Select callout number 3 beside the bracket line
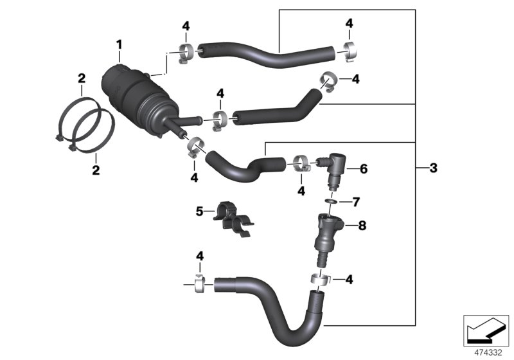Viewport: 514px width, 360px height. click(433, 168)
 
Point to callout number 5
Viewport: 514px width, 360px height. click(199, 210)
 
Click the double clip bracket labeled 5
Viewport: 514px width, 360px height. click(233, 219)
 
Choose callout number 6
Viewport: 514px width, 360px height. click(363, 169)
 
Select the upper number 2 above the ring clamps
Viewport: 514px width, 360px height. click(82, 78)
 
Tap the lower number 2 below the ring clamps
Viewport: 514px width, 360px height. click(96, 170)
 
